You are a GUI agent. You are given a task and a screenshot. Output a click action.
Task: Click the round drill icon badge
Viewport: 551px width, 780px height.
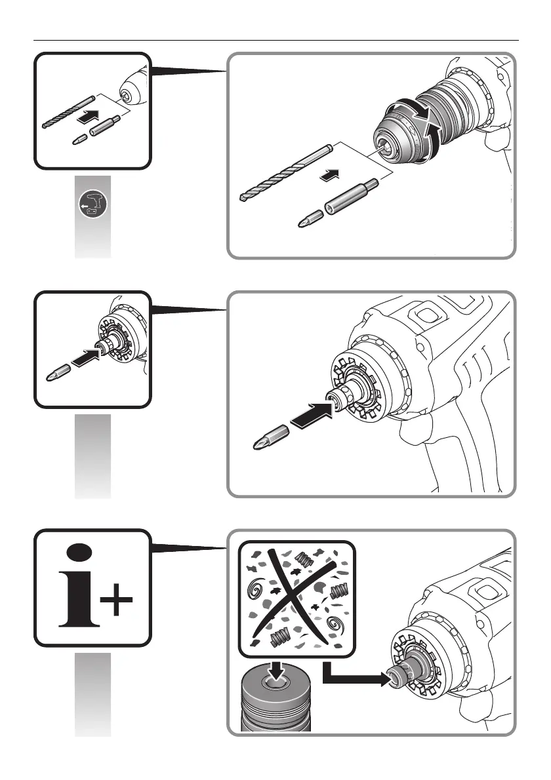tap(92, 205)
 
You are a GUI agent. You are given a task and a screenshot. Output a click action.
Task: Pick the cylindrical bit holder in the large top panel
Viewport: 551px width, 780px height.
tap(352, 198)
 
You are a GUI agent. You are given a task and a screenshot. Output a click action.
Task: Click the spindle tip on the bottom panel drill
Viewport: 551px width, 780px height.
tap(394, 678)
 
